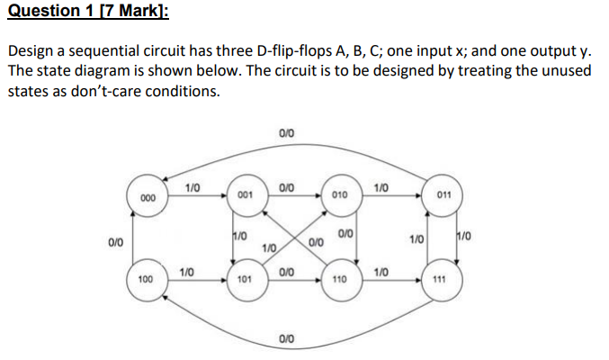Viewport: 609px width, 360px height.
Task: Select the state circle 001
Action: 245,195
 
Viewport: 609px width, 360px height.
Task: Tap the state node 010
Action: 340,195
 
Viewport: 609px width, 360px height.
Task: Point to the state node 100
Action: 146,280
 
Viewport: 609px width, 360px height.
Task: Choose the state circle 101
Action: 244,280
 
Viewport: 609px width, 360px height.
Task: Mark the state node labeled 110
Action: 340,280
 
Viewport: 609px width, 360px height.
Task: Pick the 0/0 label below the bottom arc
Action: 285,339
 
